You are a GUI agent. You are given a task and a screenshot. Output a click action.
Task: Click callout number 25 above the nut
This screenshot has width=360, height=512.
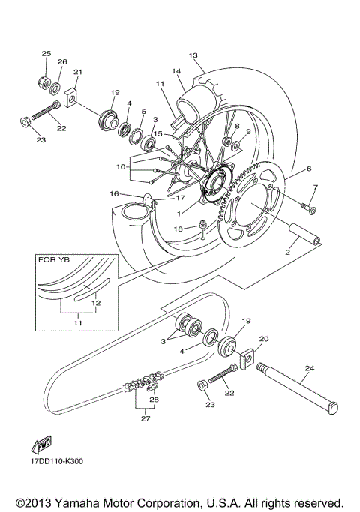point(46,54)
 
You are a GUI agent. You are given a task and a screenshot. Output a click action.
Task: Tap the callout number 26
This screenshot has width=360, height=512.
point(62,61)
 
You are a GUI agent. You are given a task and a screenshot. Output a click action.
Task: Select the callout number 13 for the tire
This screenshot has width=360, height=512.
point(193,55)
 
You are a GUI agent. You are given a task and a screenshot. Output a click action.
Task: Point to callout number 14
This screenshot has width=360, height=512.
point(177,71)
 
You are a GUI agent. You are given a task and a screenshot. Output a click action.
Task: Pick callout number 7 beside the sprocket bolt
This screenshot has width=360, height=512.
point(316,187)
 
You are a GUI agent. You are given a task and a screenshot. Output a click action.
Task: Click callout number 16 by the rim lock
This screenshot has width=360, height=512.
point(114,193)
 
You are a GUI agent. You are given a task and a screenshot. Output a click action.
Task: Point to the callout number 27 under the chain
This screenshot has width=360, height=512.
point(145,418)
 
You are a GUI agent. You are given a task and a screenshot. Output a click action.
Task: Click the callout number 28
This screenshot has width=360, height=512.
point(154,400)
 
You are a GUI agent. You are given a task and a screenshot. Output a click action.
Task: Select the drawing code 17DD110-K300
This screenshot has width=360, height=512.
point(56,462)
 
